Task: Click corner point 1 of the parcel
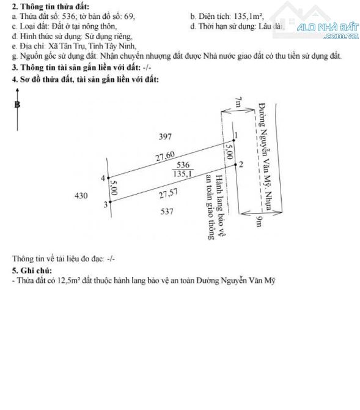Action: [234, 140]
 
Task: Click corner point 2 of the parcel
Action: [235, 165]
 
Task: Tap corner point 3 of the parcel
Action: [110, 202]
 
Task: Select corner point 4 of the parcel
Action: [109, 178]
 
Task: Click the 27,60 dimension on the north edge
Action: [165, 157]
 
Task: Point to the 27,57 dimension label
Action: [169, 193]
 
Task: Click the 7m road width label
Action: [238, 102]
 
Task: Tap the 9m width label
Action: [259, 222]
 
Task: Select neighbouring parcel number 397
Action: [165, 136]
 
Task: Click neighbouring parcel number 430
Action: [81, 196]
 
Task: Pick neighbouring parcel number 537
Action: [167, 211]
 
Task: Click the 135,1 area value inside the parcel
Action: [183, 173]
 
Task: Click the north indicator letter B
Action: [17, 105]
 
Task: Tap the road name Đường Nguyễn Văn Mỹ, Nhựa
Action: [265, 157]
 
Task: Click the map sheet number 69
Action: [129, 17]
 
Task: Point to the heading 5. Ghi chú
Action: [32, 270]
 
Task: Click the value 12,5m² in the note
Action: [68, 280]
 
